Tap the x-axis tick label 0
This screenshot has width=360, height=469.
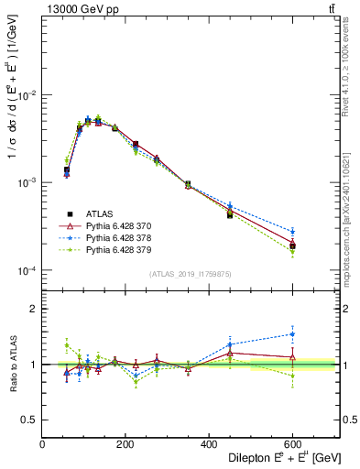[42, 444]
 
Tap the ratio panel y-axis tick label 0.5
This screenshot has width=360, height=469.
[30, 420]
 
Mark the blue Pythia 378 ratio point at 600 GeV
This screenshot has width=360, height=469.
[292, 334]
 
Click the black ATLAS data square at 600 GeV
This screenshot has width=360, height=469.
[292, 245]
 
